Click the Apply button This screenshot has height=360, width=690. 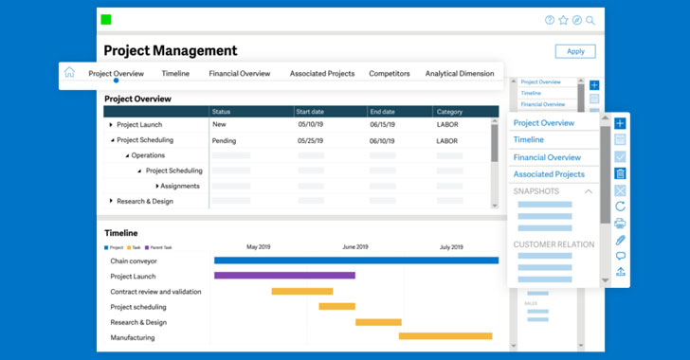click(575, 52)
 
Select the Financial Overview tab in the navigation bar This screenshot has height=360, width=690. click(240, 74)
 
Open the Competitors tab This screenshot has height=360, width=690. click(390, 74)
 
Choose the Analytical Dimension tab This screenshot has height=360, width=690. click(460, 74)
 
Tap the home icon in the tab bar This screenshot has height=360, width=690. click(69, 73)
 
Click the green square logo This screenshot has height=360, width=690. click(106, 20)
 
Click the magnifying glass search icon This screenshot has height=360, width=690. click(590, 20)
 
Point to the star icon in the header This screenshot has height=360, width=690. click(563, 20)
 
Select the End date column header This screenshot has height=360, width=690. click(383, 112)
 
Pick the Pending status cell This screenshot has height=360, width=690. click(225, 140)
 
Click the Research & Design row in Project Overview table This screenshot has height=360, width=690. click(145, 201)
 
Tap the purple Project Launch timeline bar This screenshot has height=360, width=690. click(284, 276)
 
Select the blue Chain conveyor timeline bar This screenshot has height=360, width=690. click(355, 261)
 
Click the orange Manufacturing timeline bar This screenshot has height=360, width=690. click(445, 336)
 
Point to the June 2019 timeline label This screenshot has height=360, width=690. click(355, 246)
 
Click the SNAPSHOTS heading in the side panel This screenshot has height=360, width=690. click(536, 191)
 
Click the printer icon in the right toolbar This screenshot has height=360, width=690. click(620, 223)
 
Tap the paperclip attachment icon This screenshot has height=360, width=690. click(620, 240)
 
